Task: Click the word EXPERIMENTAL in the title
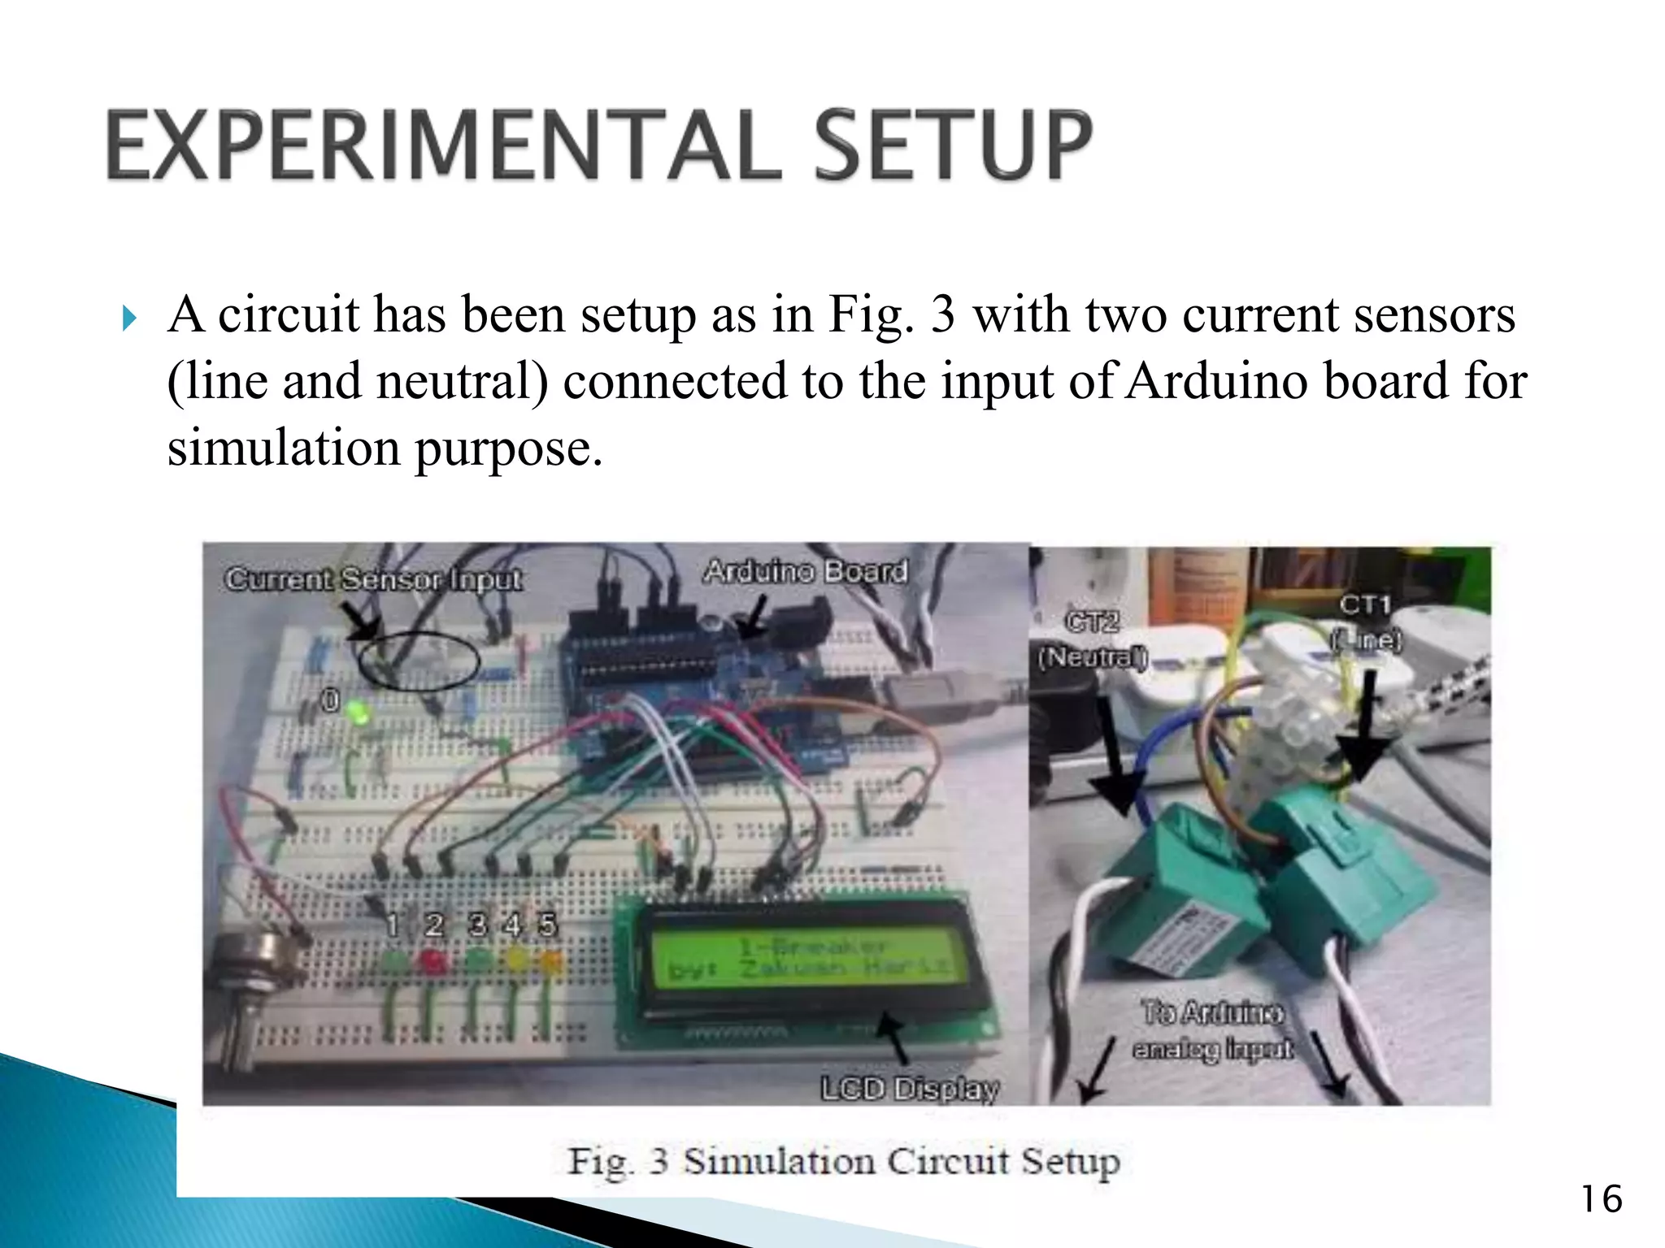[443, 146]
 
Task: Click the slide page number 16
[1601, 1199]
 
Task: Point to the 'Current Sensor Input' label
[373, 579]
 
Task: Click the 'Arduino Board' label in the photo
[805, 571]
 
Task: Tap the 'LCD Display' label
[909, 1088]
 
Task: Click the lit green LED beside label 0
[358, 713]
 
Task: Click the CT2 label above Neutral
[1092, 622]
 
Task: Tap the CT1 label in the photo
[1365, 604]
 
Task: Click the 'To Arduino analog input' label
[1212, 1031]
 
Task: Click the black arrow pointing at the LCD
[894, 1036]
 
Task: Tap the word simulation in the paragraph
[284, 448]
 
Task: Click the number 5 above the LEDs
[547, 925]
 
